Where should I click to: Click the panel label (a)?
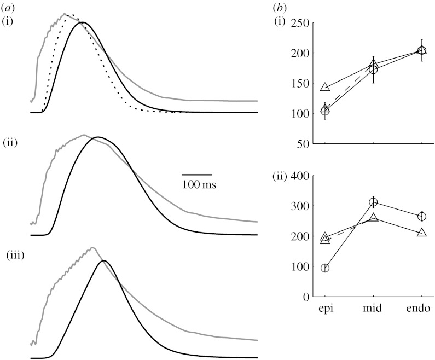[x=9, y=7]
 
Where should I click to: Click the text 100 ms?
[x=199, y=185]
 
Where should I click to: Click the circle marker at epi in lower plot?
[x=325, y=268]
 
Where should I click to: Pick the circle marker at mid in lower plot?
[x=374, y=202]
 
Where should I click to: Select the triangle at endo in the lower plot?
[x=422, y=233]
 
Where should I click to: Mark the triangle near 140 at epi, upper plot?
[x=325, y=87]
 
